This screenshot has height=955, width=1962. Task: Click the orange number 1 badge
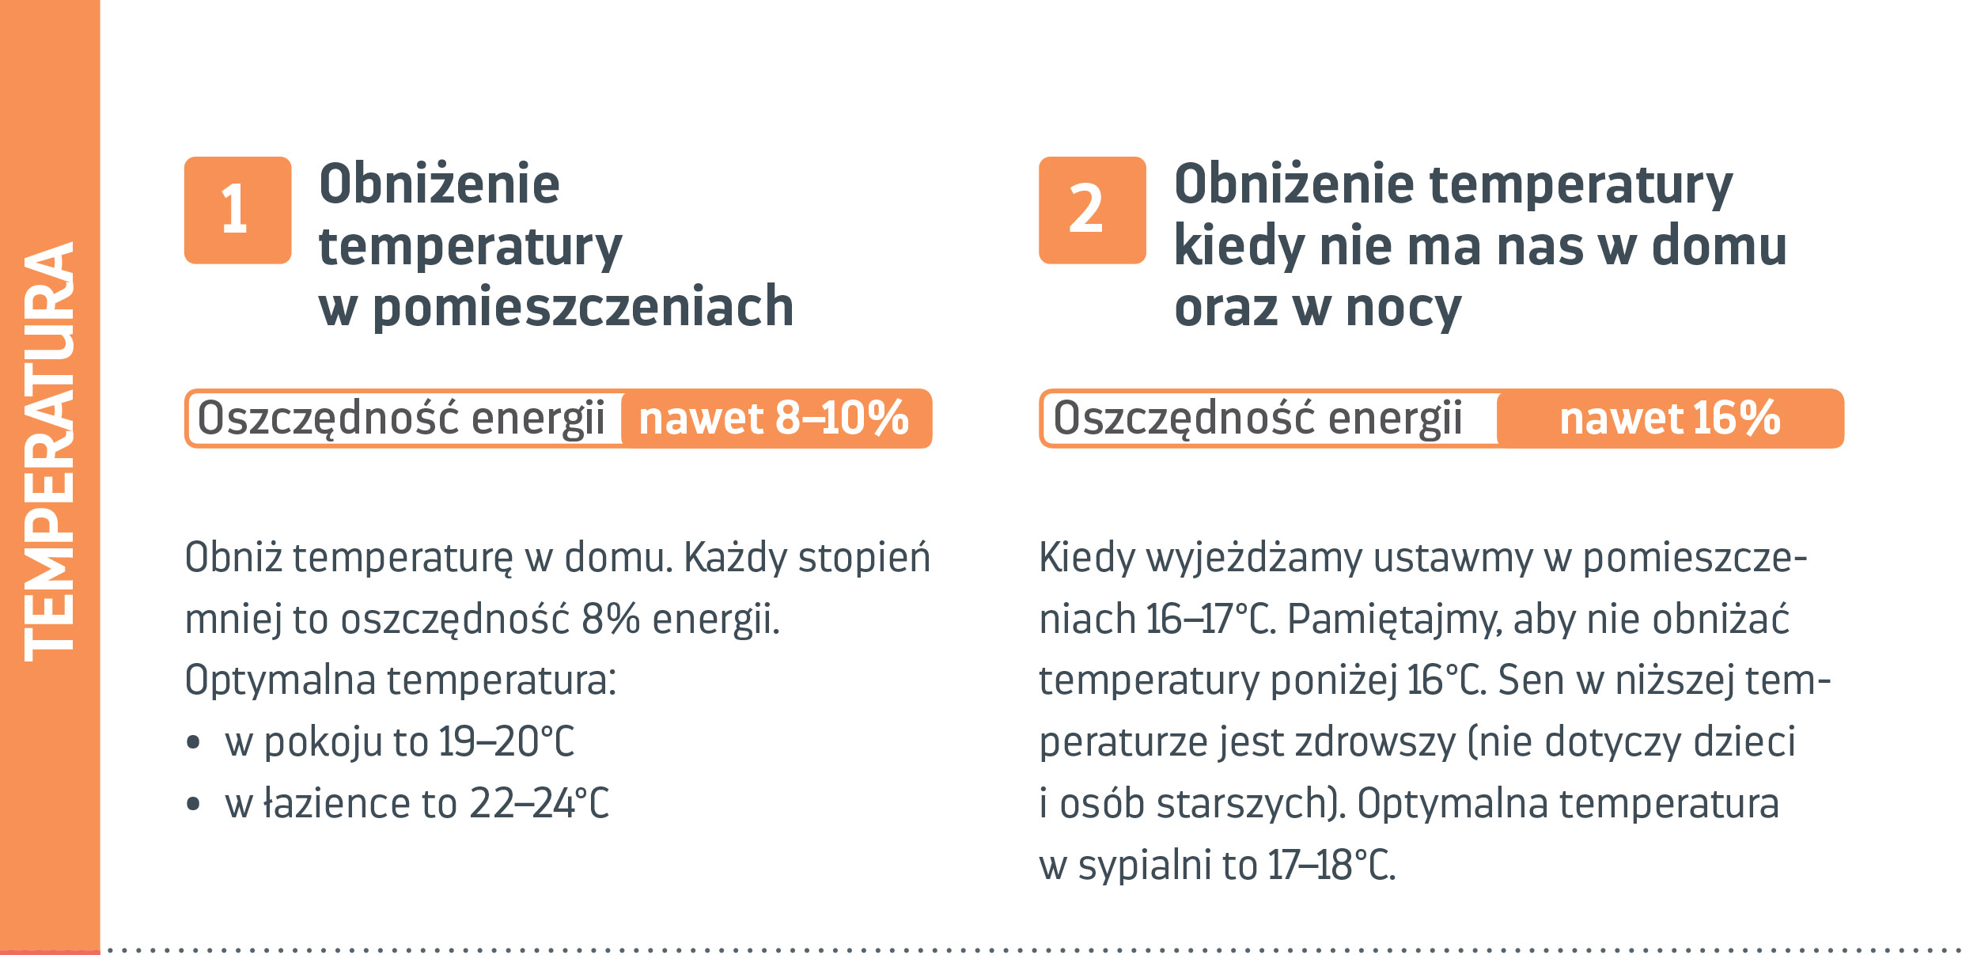(x=238, y=210)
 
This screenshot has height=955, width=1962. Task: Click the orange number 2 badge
(x=1093, y=210)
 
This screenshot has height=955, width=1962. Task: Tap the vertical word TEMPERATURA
(x=49, y=452)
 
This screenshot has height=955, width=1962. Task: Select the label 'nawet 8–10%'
(x=774, y=419)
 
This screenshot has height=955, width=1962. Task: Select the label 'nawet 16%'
(x=1670, y=419)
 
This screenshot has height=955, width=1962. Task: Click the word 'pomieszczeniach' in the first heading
(x=583, y=308)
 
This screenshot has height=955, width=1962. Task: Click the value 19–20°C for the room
(x=506, y=742)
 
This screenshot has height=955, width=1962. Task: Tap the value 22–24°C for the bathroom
(x=540, y=803)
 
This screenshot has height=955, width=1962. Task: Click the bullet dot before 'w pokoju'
(x=194, y=743)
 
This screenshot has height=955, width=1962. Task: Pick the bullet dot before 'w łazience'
(x=194, y=805)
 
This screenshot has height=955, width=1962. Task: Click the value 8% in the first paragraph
(x=610, y=620)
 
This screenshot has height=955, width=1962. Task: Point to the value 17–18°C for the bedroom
(x=1331, y=865)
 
